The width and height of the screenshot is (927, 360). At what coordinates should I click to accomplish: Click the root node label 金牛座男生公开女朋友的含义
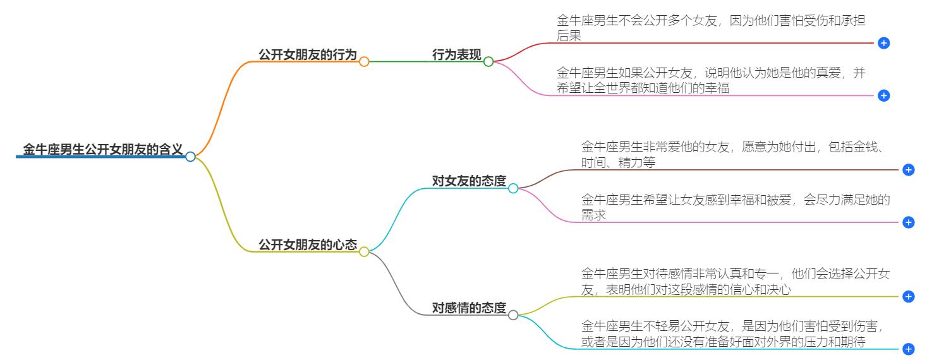pos(103,150)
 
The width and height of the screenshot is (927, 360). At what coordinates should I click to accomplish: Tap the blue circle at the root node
pos(190,157)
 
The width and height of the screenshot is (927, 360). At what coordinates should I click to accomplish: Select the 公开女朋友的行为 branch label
pos(308,55)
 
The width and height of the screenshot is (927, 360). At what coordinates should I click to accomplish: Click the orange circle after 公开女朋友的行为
pos(364,62)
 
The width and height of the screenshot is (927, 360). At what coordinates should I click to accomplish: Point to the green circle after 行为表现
pos(488,62)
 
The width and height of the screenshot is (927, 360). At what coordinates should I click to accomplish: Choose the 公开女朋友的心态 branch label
pos(308,244)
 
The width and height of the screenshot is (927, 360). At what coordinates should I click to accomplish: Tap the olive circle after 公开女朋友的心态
pos(364,251)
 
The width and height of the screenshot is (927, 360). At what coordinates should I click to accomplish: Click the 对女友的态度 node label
pos(469,181)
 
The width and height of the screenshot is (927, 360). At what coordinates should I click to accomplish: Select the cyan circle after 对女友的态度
pos(513,188)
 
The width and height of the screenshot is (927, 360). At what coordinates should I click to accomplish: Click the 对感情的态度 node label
pos(469,308)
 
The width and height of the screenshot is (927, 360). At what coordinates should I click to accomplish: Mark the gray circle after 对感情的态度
pos(513,315)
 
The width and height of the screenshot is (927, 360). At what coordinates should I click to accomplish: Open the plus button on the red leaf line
pos(884,43)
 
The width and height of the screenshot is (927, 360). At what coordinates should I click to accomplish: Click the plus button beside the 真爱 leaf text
pos(884,95)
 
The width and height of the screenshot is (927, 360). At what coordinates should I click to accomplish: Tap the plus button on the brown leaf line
pos(909,170)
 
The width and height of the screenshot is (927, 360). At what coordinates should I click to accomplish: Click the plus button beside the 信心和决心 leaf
pos(909,296)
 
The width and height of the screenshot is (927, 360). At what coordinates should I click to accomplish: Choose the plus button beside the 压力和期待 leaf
pos(909,349)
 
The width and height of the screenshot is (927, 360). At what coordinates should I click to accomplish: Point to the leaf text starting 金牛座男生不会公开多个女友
pos(711,28)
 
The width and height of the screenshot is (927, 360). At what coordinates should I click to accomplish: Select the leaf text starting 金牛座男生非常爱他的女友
pos(736,155)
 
